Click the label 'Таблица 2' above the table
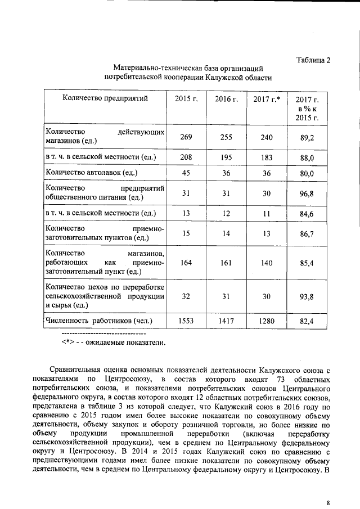313,60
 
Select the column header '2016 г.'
226,99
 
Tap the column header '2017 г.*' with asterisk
267,99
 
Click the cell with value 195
226,158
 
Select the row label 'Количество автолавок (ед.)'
91,173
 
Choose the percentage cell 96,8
307,193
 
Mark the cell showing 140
267,262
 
